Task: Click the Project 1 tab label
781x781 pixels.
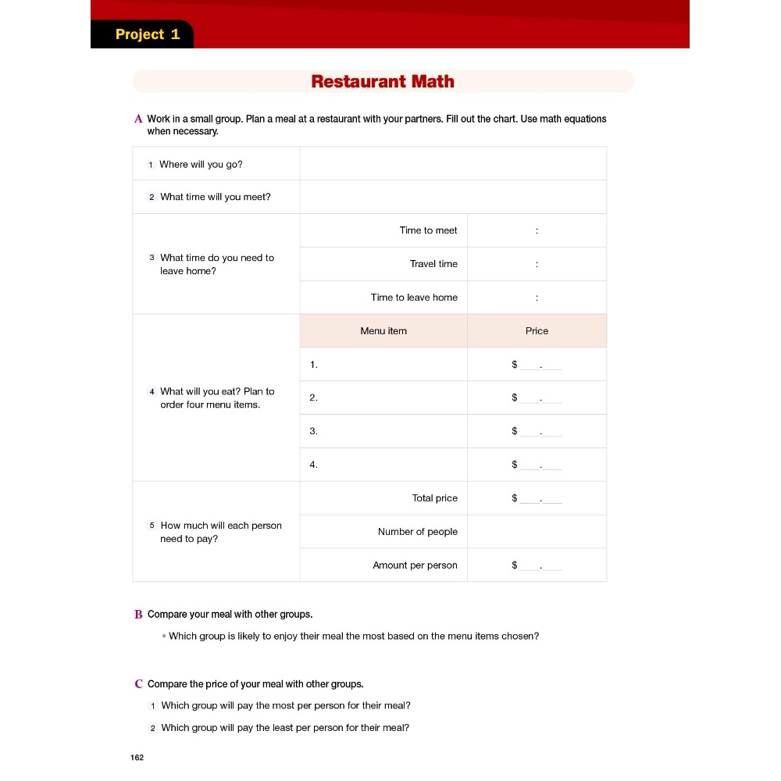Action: (x=148, y=34)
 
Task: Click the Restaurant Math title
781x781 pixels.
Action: (x=383, y=81)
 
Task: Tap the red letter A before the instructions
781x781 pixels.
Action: (x=138, y=119)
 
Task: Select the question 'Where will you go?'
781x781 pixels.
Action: (x=201, y=164)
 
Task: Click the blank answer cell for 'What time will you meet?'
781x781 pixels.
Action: (x=453, y=197)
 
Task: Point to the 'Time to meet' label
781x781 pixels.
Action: (x=428, y=230)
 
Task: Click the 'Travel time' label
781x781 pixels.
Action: (x=433, y=264)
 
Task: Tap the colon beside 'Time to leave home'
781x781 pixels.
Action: (x=537, y=298)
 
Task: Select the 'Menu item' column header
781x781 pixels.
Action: (x=383, y=331)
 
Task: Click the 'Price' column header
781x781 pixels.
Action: (x=537, y=331)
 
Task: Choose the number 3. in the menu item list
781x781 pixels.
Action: (x=313, y=431)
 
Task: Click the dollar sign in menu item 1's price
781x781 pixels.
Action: (x=515, y=365)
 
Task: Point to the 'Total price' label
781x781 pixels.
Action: (x=435, y=498)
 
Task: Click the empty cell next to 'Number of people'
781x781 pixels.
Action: (x=537, y=532)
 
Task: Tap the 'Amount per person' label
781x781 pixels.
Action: (x=415, y=565)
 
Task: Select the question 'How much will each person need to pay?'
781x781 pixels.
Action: (x=220, y=532)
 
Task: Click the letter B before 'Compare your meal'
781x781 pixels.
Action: (x=138, y=615)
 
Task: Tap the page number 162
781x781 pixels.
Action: (x=137, y=758)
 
